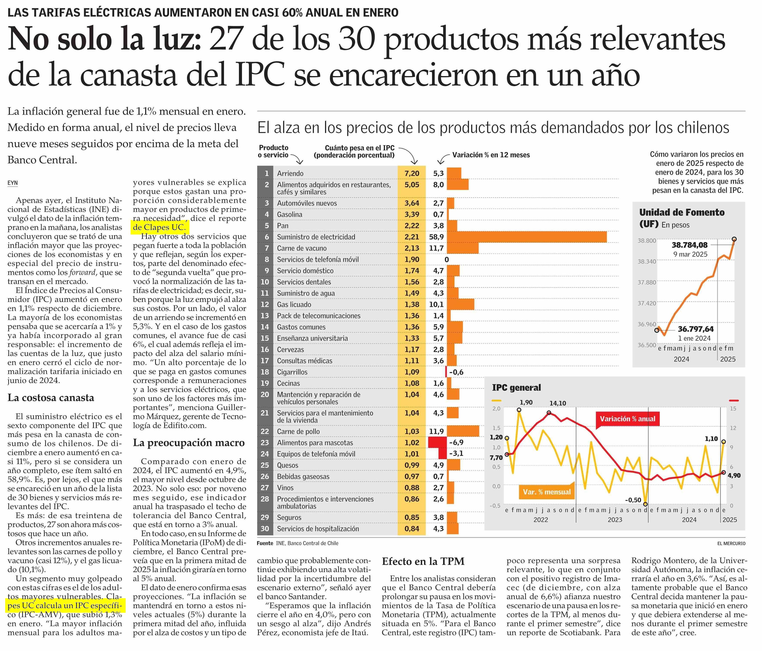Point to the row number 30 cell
(x=265, y=529)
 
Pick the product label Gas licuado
(x=294, y=304)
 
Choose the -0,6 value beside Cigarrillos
(x=456, y=372)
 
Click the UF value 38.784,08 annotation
(x=690, y=245)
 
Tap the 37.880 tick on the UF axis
(x=647, y=282)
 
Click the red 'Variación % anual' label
(x=628, y=419)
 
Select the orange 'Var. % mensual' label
(x=547, y=492)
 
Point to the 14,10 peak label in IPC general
(x=557, y=403)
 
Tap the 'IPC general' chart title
(x=516, y=388)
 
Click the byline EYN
(x=13, y=183)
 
